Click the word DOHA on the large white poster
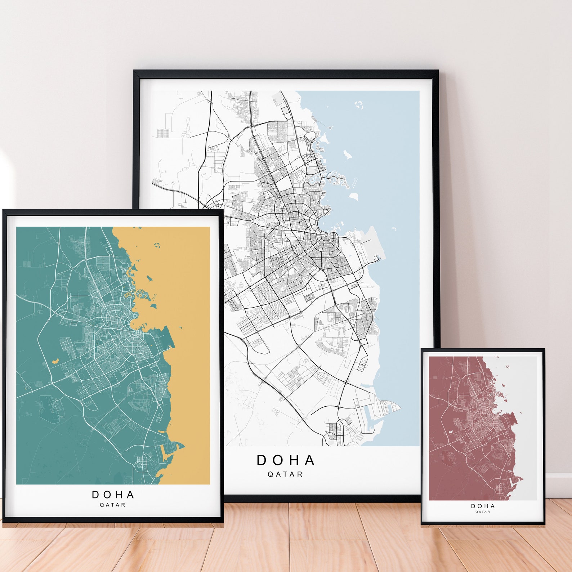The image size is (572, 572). pos(286,460)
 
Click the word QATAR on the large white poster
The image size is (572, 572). pos(285,474)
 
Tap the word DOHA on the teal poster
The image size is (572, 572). pos(113,495)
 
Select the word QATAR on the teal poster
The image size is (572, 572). pos(113,505)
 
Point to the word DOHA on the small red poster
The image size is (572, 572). pos(483,506)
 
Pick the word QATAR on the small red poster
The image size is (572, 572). pos(483,512)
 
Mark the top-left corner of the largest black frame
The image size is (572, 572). pos(134,71)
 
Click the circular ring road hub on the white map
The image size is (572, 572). pos(329,238)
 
